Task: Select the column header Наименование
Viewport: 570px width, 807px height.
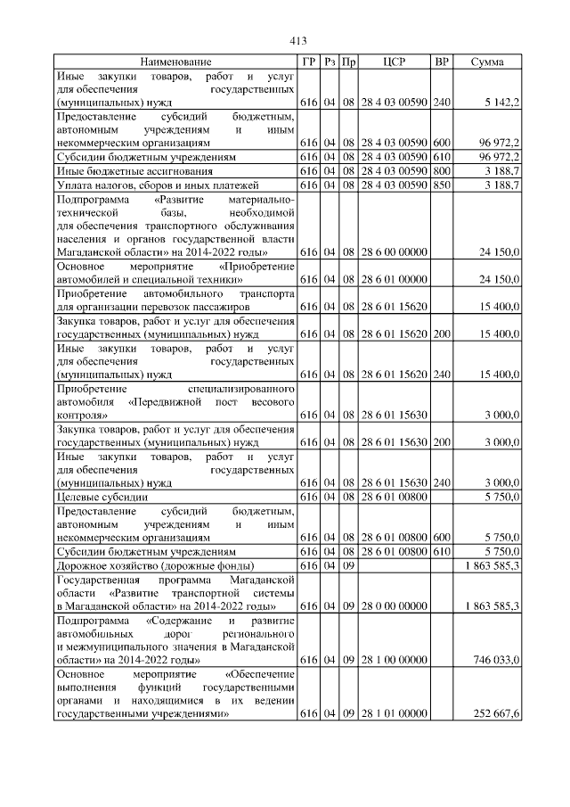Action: [175, 62]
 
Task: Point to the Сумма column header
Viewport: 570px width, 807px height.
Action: [487, 62]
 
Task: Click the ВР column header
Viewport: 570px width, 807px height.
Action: [441, 62]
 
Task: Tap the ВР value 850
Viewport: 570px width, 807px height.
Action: [441, 185]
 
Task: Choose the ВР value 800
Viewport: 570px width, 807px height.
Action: [441, 170]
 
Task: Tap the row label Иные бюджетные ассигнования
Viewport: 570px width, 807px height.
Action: [134, 170]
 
